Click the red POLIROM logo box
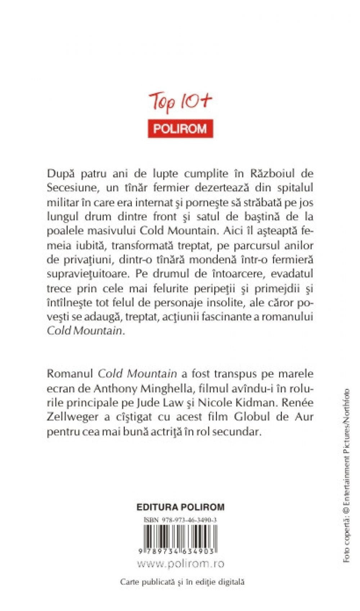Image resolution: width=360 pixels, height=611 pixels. click(x=180, y=129)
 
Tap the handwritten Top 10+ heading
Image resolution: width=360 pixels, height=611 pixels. click(x=180, y=103)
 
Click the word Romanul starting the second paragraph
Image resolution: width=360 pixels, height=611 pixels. click(x=70, y=374)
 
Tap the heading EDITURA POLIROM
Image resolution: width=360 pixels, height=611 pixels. click(x=180, y=507)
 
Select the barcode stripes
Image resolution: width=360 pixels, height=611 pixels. click(x=180, y=536)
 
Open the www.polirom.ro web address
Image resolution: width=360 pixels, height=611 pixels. click(x=180, y=563)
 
